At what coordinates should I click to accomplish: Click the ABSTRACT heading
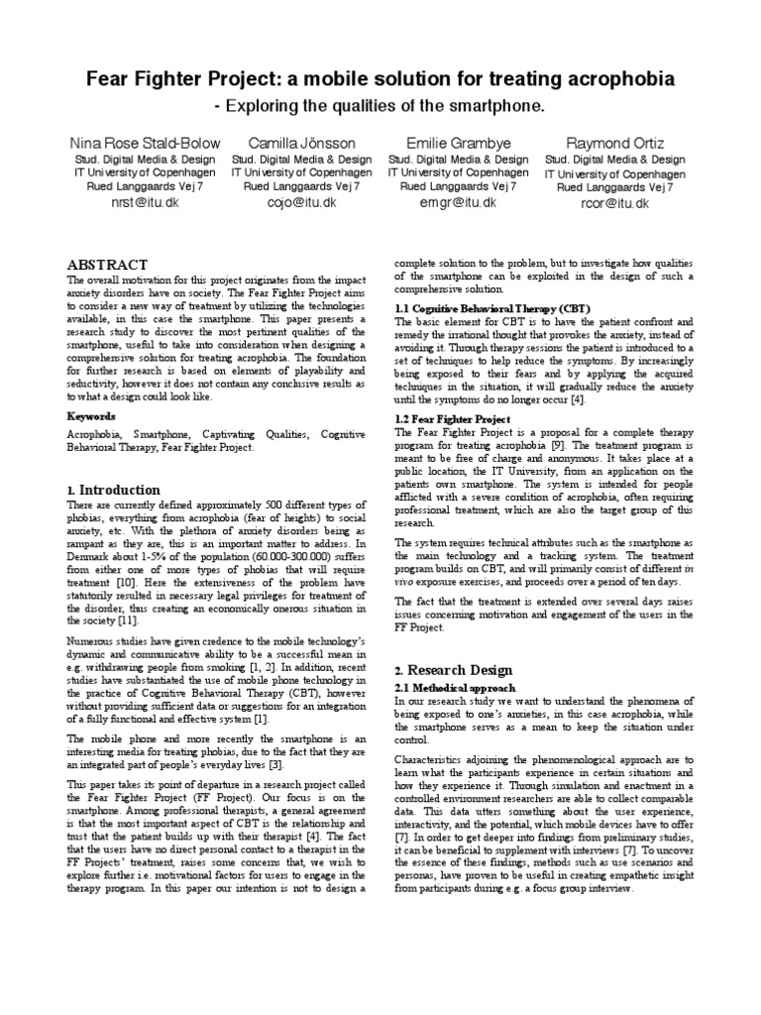click(x=106, y=265)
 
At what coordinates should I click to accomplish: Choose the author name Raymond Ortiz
click(x=614, y=143)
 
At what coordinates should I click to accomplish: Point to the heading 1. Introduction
click(x=112, y=490)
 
